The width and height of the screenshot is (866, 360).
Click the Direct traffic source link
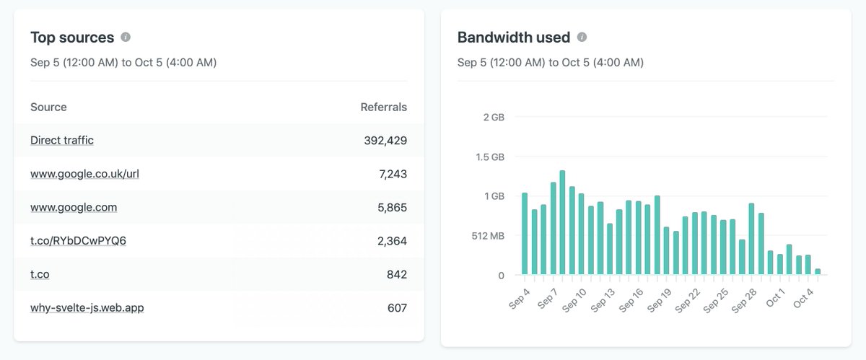coord(62,141)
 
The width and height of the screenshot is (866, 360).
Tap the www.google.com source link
coord(74,207)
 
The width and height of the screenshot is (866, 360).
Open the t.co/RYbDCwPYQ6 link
coord(78,240)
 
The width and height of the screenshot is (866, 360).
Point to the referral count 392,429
coord(385,141)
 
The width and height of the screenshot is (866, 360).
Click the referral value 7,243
coord(392,174)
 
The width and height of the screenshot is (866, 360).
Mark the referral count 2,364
coord(392,240)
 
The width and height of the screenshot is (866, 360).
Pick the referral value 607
coord(397,308)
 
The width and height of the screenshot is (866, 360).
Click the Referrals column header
coord(383,107)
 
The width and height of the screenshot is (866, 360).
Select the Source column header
coord(48,107)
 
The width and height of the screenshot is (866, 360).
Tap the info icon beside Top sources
coord(126,37)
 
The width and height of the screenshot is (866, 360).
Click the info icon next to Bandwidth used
coord(582,37)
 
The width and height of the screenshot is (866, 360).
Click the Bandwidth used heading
coord(513,38)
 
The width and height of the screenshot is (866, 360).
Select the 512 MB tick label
coord(489,235)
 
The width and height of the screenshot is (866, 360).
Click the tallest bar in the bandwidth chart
coord(562,222)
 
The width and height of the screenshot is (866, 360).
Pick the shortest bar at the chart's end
coord(818,271)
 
